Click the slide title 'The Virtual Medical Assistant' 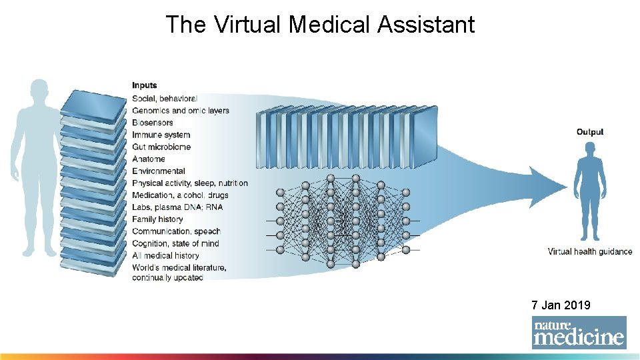pyautogui.click(x=320, y=25)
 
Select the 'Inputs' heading pyautogui.click(x=145, y=85)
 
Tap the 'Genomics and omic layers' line pyautogui.click(x=180, y=110)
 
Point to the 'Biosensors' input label pyautogui.click(x=152, y=123)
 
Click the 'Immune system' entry pyautogui.click(x=161, y=135)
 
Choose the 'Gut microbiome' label pyautogui.click(x=161, y=147)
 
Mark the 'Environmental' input pyautogui.click(x=158, y=171)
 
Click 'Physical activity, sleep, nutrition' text pyautogui.click(x=189, y=183)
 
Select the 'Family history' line pyautogui.click(x=157, y=219)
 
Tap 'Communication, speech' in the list pyautogui.click(x=176, y=231)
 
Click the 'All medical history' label pyautogui.click(x=165, y=255)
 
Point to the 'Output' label pyautogui.click(x=590, y=132)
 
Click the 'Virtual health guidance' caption pyautogui.click(x=590, y=251)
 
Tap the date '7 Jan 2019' pyautogui.click(x=561, y=305)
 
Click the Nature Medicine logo pyautogui.click(x=579, y=332)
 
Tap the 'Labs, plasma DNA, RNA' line pyautogui.click(x=177, y=207)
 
